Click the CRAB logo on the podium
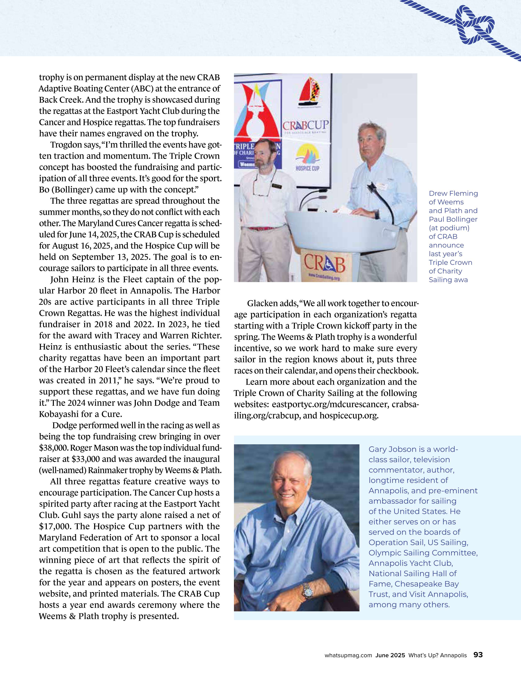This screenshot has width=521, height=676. point(324,264)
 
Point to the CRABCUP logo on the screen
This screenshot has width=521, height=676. point(306,126)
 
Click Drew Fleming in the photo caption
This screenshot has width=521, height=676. point(453,193)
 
